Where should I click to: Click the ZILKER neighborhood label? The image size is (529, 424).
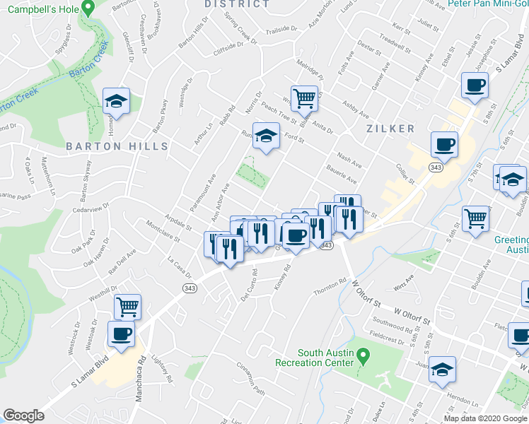click(x=390, y=129)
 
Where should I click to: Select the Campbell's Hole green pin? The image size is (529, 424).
click(x=88, y=8)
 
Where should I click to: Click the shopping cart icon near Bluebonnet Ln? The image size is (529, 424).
click(x=304, y=98)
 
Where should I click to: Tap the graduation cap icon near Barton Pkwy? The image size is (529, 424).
click(x=116, y=102)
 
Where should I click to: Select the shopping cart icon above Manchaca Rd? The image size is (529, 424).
click(x=127, y=307)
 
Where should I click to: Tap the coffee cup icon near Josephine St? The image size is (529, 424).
click(x=475, y=86)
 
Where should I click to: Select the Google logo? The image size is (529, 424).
click(x=23, y=416)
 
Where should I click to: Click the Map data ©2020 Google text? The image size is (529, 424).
click(x=485, y=418)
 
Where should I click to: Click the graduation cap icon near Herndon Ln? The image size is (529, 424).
click(x=443, y=370)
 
